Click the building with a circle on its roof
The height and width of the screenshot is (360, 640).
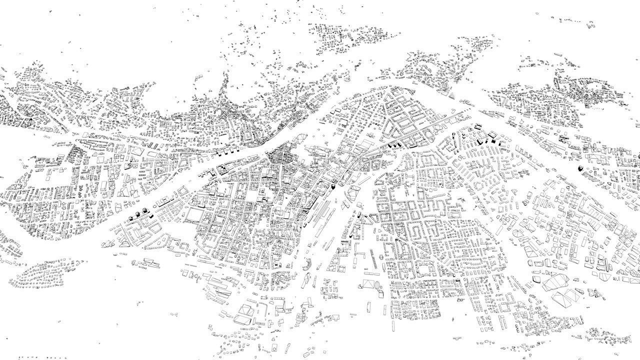274,346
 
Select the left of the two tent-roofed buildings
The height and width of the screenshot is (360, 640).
107,244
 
